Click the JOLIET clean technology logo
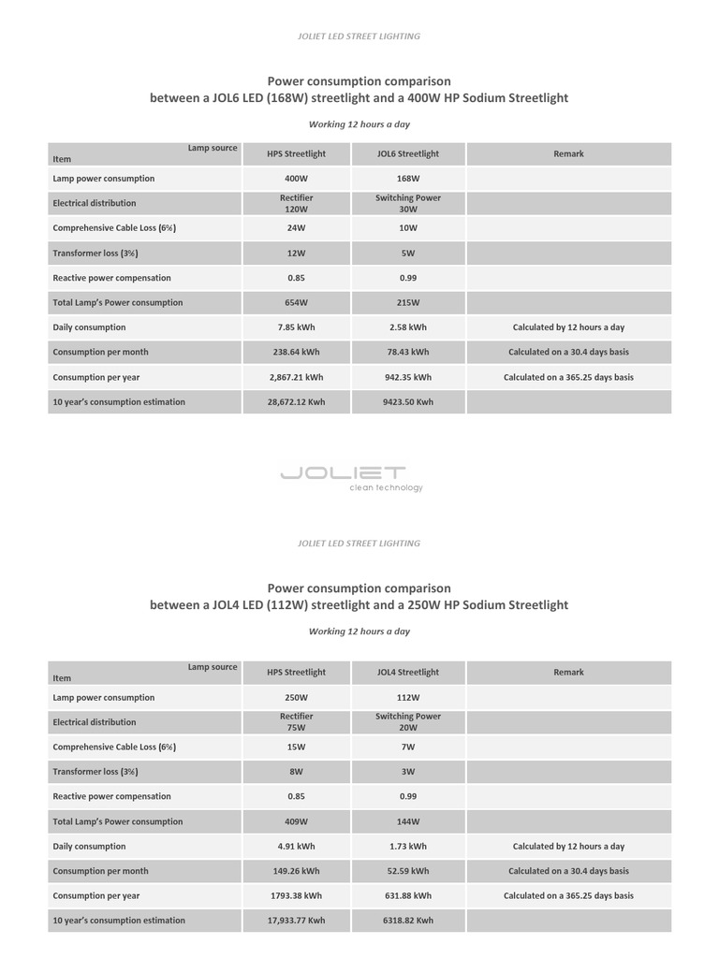351,477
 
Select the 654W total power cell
296,303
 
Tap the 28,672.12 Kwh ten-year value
296,402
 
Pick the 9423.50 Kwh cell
407,402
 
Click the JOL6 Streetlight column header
407,154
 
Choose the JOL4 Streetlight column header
407,673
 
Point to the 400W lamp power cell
296,179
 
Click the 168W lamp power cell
407,179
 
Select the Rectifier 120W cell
296,204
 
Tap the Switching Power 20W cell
407,722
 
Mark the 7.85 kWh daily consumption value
296,328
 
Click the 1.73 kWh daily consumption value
407,847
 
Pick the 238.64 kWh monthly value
296,353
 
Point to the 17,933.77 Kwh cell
296,921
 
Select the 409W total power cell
296,821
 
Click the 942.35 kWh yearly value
407,378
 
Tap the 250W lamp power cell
296,698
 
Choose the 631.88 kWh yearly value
407,896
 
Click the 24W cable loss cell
296,228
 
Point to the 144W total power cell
407,821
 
